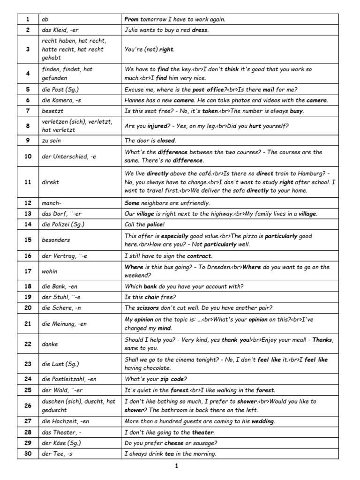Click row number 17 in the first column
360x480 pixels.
(x=28, y=271)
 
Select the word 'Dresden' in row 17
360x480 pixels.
(x=216, y=267)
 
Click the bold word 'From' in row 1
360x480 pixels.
(x=132, y=19)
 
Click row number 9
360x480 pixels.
(x=28, y=140)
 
